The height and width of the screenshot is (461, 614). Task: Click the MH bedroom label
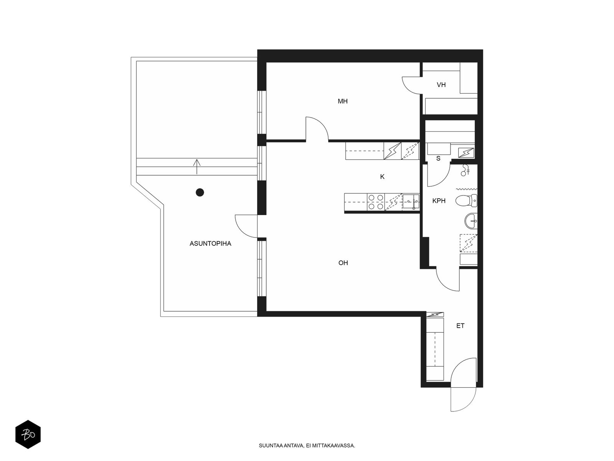click(342, 101)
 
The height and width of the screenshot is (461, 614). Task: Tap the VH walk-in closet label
click(441, 85)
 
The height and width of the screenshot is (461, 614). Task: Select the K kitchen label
click(382, 177)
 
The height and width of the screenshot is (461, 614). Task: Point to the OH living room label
click(343, 262)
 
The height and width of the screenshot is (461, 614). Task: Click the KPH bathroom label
click(439, 201)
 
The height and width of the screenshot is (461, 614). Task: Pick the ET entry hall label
click(460, 325)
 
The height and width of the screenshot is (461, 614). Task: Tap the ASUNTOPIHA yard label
click(210, 244)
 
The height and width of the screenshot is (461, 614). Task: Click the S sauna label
click(438, 158)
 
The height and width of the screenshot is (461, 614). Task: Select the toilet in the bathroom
click(466, 201)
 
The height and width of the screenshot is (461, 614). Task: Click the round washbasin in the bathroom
click(471, 221)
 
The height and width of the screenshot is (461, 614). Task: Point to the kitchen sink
click(411, 202)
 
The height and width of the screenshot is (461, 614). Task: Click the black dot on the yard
click(200, 192)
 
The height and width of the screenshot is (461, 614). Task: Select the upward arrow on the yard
click(196, 167)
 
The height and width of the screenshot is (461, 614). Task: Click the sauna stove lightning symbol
click(466, 153)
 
